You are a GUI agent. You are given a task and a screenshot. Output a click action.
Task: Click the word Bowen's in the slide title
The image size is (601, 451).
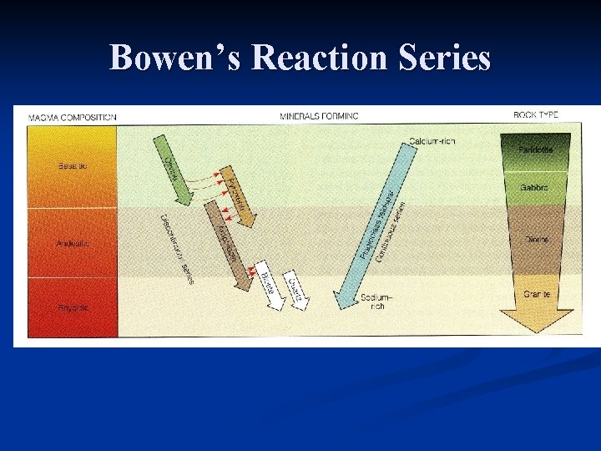(171, 58)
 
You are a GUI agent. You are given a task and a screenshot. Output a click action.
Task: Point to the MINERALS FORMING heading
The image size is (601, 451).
(319, 116)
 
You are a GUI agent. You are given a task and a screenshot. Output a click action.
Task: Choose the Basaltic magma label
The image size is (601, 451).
(72, 165)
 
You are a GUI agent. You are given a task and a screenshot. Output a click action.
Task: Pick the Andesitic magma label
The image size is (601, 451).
(73, 243)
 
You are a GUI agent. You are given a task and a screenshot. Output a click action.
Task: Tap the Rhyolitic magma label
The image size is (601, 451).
(73, 308)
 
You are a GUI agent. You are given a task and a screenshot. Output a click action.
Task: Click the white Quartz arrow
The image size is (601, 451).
(295, 286)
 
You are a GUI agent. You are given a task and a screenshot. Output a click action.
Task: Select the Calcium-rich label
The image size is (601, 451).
(432, 140)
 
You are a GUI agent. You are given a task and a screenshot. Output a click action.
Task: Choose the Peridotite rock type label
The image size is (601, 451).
(535, 150)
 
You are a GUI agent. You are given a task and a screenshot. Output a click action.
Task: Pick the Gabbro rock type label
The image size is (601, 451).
(536, 188)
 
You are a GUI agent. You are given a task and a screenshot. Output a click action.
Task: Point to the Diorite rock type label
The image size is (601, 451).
(537, 240)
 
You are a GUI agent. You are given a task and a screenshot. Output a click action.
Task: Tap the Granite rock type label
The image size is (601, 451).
(537, 294)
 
